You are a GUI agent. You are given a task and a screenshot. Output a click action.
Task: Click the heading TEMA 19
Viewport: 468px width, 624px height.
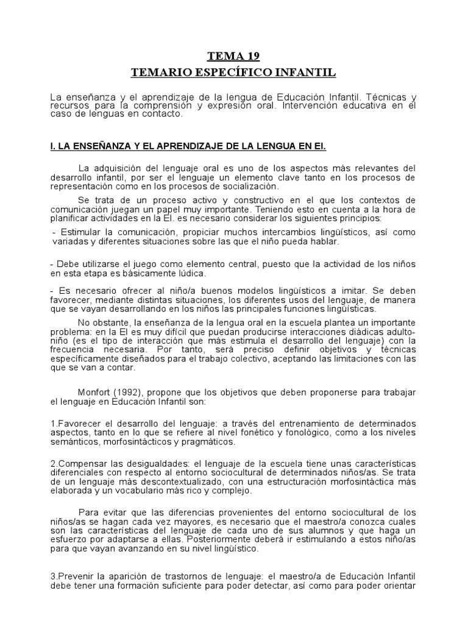pyautogui.click(x=233, y=57)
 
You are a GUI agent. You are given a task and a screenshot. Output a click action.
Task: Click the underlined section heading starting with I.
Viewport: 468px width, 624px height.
pyautogui.click(x=188, y=147)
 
